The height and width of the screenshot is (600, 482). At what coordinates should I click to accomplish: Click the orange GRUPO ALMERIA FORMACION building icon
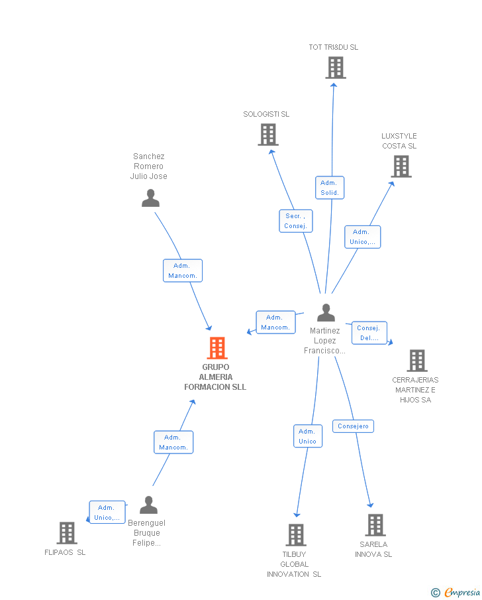click(x=217, y=348)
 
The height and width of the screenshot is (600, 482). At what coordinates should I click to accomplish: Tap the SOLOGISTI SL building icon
click(x=268, y=135)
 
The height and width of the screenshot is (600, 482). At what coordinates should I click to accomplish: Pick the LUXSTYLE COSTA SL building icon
click(x=401, y=166)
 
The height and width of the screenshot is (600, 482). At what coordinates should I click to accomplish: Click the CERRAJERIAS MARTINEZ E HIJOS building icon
click(x=416, y=361)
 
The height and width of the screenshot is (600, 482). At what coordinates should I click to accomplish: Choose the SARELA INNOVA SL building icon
click(x=375, y=525)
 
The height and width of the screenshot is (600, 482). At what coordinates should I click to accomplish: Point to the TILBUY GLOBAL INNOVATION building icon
click(x=295, y=535)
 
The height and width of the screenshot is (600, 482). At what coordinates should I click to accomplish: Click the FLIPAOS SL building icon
click(x=67, y=533)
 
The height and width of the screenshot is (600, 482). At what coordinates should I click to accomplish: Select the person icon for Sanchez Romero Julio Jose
click(x=151, y=198)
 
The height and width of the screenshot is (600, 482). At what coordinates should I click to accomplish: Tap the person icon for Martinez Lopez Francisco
click(x=326, y=312)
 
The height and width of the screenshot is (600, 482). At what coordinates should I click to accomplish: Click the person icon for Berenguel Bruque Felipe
click(x=149, y=505)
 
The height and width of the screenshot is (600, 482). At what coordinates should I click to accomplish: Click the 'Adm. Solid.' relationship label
click(x=330, y=188)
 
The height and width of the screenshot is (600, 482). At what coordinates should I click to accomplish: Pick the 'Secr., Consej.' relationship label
click(x=295, y=221)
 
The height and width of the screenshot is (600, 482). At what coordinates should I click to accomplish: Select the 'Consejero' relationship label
click(x=353, y=426)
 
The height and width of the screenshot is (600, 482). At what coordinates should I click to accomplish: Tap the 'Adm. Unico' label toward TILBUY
click(x=307, y=436)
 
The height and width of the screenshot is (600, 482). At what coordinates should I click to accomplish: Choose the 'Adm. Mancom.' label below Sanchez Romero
click(x=182, y=270)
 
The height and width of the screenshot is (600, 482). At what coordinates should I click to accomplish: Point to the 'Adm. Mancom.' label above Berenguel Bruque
click(x=173, y=442)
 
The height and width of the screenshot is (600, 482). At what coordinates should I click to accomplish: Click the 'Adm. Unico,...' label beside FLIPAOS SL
click(x=107, y=512)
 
